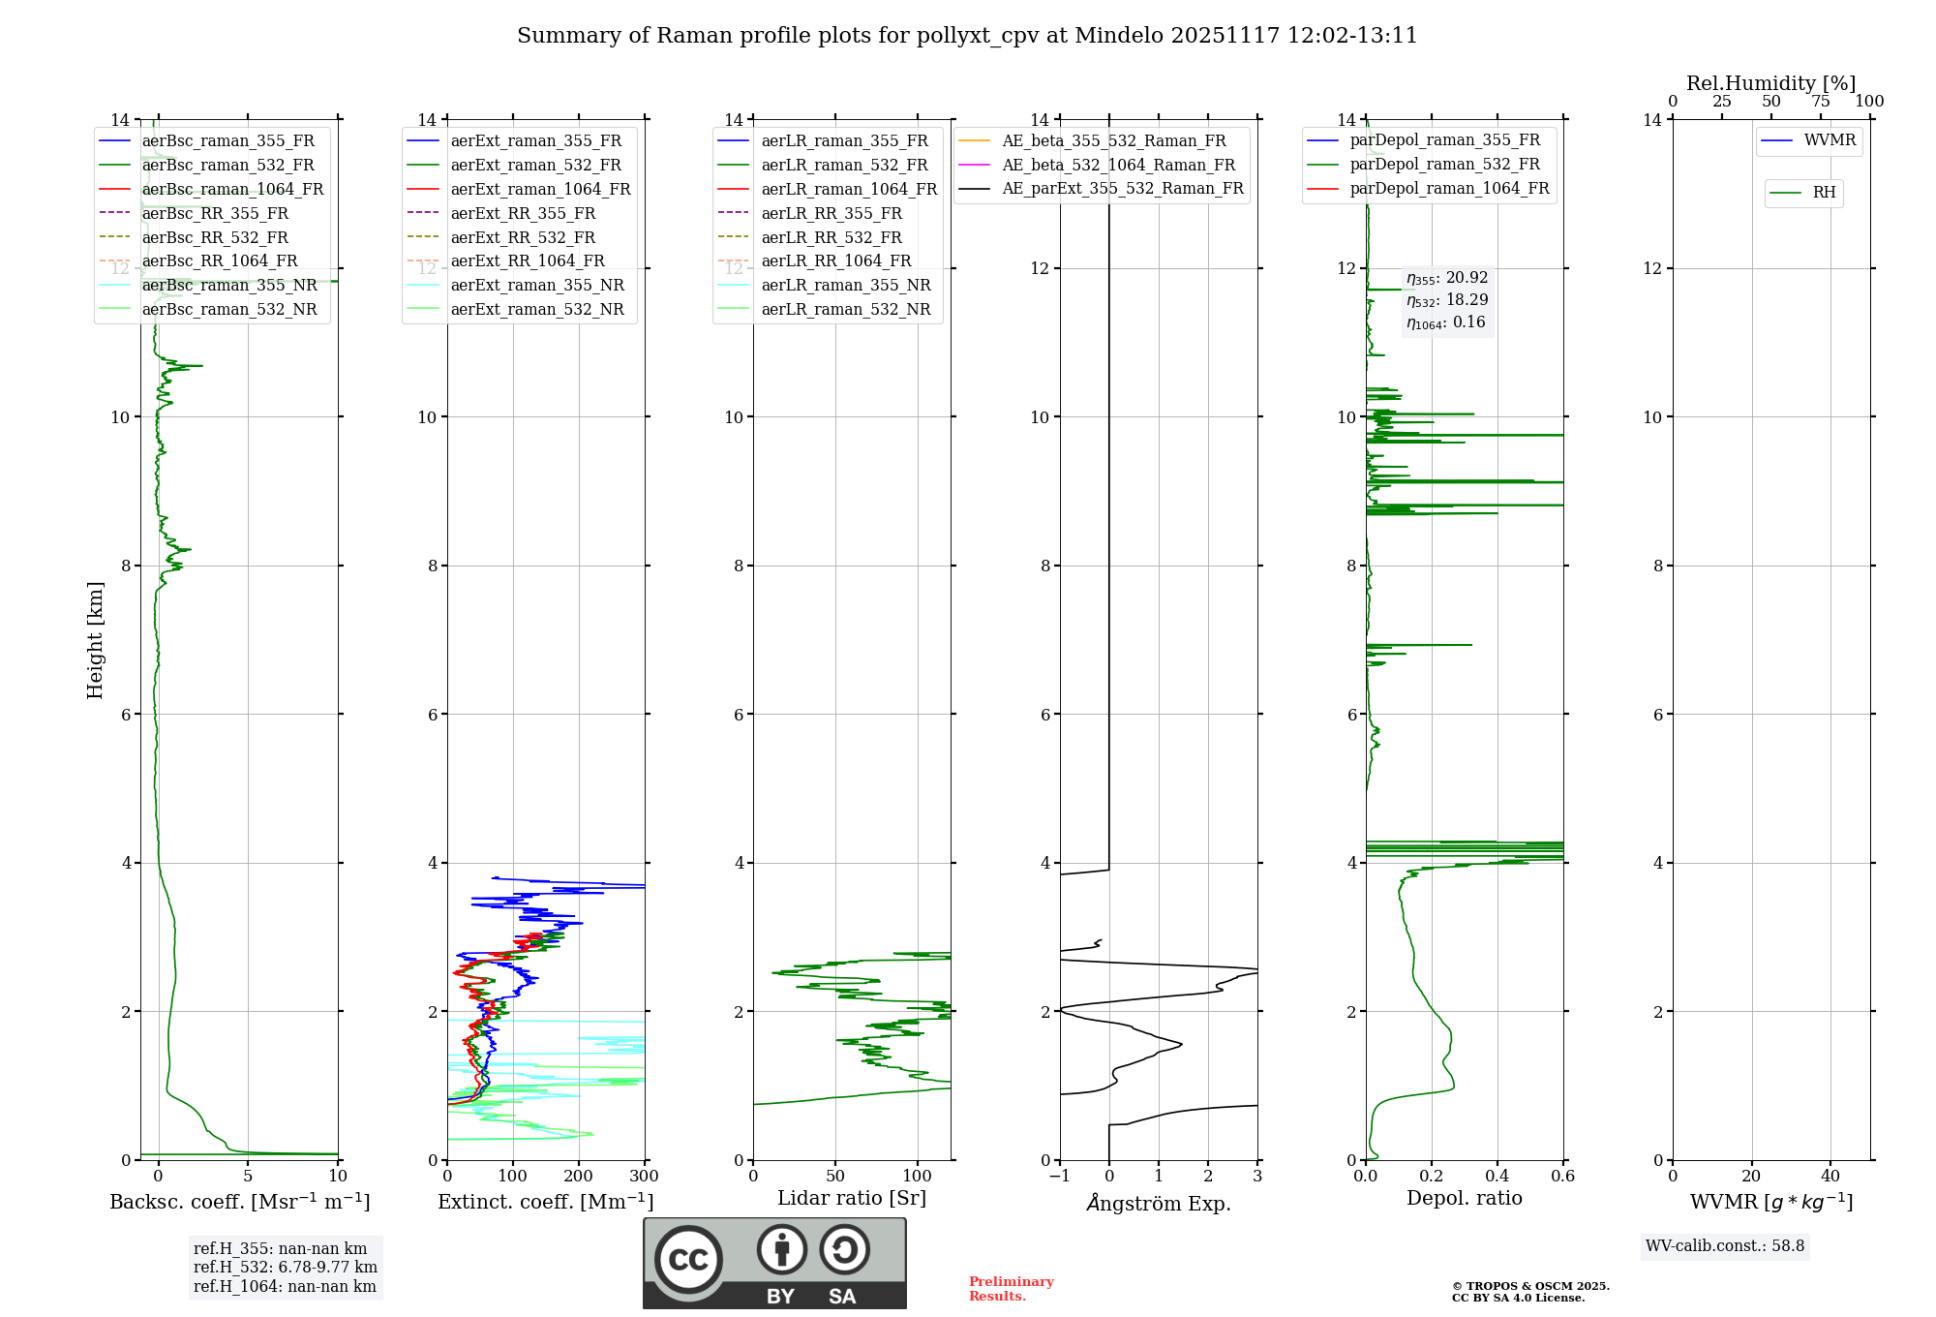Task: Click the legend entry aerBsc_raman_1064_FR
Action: coord(232,189)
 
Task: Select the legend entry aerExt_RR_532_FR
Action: coord(523,237)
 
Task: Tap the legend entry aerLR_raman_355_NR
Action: coord(845,285)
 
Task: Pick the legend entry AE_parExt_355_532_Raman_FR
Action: coord(1122,188)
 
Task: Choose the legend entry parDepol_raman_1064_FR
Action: coord(1449,188)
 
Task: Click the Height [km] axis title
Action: coord(95,640)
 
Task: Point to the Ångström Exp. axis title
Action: coord(1159,1203)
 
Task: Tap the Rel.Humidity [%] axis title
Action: coord(1770,83)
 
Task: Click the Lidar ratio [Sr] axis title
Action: coord(852,1198)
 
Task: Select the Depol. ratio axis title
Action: coord(1464,1198)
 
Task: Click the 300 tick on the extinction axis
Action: coord(644,1176)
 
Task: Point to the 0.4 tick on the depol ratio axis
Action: coord(1497,1176)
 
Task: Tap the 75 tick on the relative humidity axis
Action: coord(1820,102)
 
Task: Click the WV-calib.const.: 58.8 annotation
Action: coord(1725,1245)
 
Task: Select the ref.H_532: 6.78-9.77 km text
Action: coord(286,1267)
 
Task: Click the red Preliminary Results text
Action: coord(1011,1288)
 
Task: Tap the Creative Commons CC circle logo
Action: coord(688,1259)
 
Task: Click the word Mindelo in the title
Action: coord(1119,36)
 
